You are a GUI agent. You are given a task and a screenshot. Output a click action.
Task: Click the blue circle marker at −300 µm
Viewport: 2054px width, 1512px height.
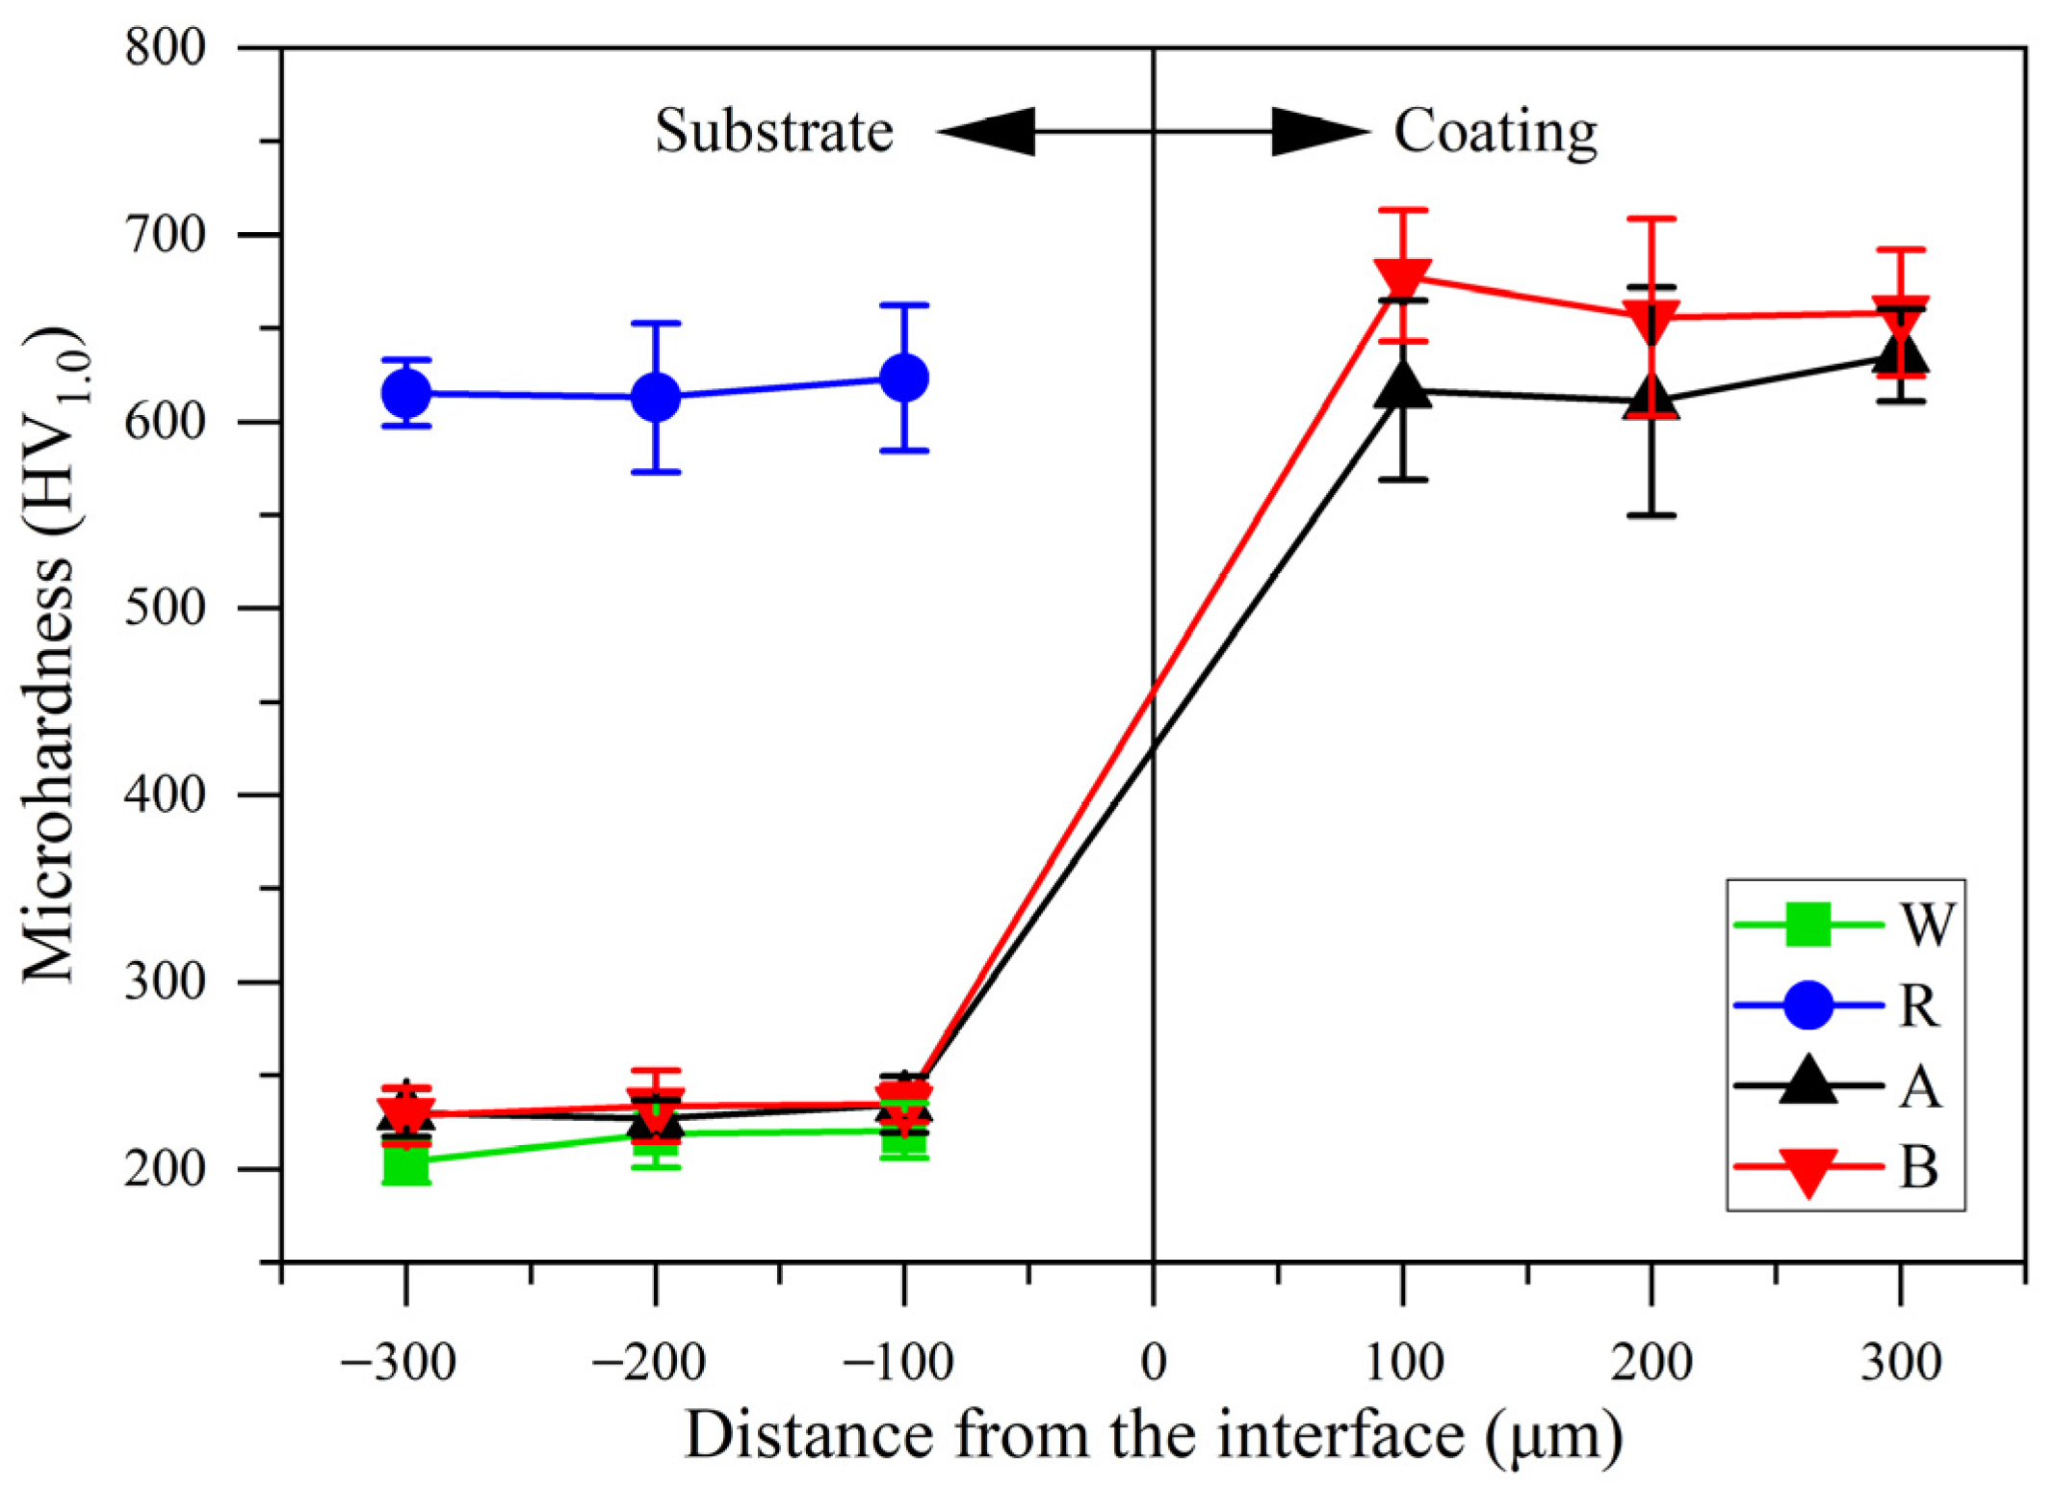pyautogui.click(x=405, y=393)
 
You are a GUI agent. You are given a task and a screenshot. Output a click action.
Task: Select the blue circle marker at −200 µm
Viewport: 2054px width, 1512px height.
pyautogui.click(x=656, y=397)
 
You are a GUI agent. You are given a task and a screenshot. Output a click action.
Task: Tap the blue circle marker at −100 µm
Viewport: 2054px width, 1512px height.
pyautogui.click(x=904, y=378)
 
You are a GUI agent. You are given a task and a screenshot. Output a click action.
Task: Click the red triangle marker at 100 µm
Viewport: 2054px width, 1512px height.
pyautogui.click(x=1402, y=277)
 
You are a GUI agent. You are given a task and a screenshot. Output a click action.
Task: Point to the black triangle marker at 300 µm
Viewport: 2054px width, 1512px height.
pyautogui.click(x=1900, y=352)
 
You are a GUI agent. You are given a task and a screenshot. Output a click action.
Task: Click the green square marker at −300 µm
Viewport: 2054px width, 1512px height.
pyautogui.click(x=405, y=1163)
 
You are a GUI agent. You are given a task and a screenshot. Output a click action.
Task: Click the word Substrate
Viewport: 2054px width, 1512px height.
pyautogui.click(x=773, y=131)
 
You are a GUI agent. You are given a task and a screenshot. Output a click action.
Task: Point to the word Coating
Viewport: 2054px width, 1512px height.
pyautogui.click(x=1495, y=133)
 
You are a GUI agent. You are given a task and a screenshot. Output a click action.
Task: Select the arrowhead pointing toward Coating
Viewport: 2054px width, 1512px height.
pyautogui.click(x=1319, y=132)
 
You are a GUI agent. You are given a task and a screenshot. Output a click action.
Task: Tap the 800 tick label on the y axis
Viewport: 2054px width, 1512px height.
pyautogui.click(x=165, y=46)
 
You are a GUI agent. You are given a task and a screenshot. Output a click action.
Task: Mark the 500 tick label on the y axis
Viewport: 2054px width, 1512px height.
pyautogui.click(x=165, y=608)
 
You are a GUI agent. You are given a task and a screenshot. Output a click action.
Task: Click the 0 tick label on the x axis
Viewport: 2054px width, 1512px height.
pyautogui.click(x=1153, y=1362)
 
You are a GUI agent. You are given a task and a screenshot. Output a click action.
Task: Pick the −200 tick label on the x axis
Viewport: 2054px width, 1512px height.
pyautogui.click(x=648, y=1362)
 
